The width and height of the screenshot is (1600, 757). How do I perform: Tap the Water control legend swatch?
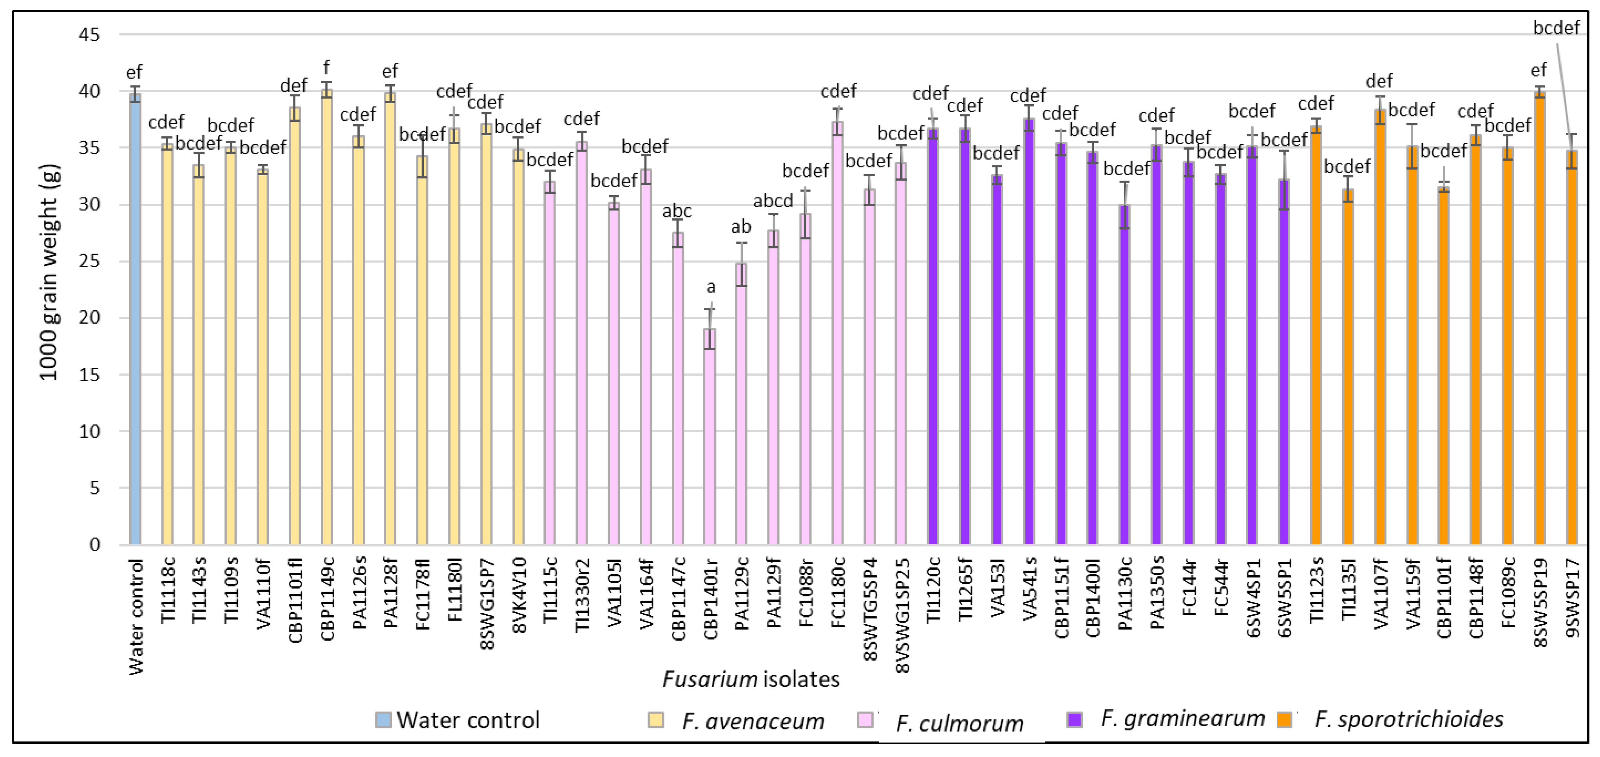(x=383, y=720)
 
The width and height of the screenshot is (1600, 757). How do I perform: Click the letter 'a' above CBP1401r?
(x=711, y=287)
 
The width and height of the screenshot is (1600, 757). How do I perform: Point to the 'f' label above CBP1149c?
(x=327, y=67)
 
